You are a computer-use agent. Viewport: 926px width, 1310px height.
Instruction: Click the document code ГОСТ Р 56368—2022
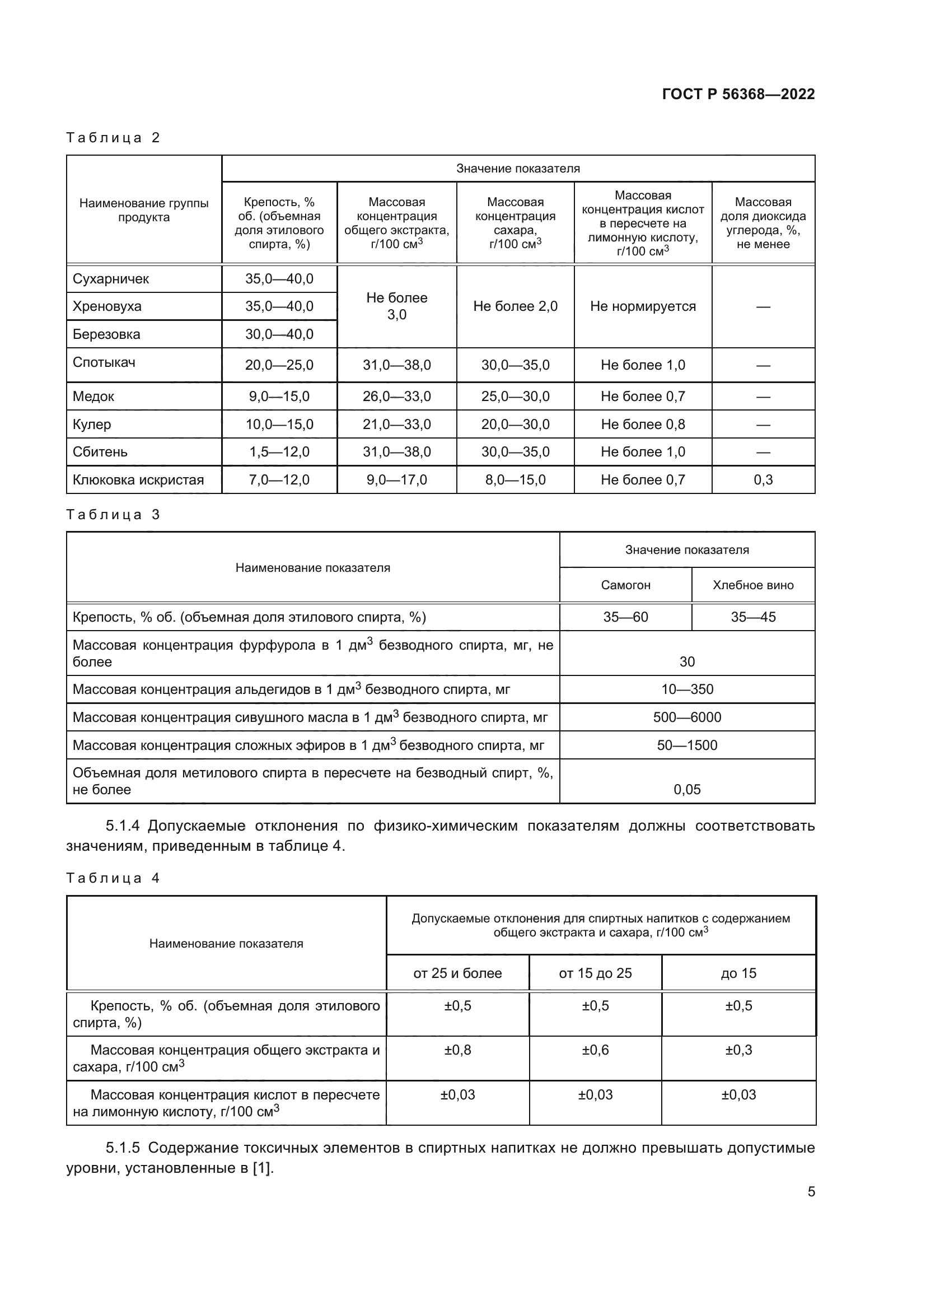click(x=738, y=94)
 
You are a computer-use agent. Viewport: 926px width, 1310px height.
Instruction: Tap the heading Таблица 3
click(x=113, y=515)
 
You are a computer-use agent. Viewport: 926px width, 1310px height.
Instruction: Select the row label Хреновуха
click(x=106, y=306)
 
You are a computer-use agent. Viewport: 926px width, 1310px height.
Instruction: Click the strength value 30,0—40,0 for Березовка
click(x=279, y=334)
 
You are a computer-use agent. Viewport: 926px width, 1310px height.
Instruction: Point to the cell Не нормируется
click(x=643, y=306)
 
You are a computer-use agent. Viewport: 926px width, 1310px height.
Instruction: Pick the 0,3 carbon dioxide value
click(x=763, y=480)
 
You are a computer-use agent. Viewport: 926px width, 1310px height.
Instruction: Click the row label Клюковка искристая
click(x=138, y=480)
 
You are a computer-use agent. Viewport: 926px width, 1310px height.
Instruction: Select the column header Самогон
click(x=625, y=585)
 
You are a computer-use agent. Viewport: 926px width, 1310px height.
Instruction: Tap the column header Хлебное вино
click(x=752, y=585)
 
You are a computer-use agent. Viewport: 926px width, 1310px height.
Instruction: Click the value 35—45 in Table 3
click(x=752, y=617)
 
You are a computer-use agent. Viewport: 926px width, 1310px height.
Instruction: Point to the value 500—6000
click(x=687, y=717)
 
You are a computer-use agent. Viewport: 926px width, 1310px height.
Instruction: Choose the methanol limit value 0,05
click(x=687, y=790)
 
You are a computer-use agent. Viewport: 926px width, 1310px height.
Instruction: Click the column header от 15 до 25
click(x=595, y=973)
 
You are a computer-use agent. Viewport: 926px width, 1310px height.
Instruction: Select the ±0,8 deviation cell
click(x=457, y=1050)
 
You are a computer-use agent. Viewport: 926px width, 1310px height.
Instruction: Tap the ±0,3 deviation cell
click(x=738, y=1050)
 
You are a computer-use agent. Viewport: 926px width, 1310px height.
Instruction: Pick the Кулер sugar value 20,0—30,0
click(x=515, y=425)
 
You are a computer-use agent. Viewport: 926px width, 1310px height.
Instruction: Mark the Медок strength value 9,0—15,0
click(x=279, y=397)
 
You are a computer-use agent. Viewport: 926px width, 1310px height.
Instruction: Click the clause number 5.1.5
click(x=123, y=1148)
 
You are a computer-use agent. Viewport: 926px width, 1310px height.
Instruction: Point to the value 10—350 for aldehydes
click(x=687, y=689)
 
